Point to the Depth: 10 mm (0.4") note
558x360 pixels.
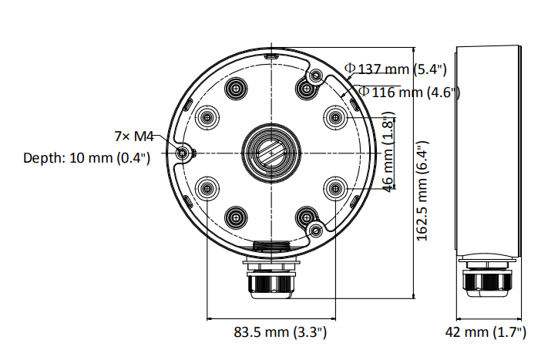point(86,157)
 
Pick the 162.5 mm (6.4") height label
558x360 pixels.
point(422,190)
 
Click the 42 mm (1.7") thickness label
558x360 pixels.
point(486,332)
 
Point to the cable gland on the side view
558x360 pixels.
point(486,281)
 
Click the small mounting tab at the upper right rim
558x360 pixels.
point(315,76)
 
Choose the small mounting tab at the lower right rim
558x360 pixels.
point(314,229)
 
